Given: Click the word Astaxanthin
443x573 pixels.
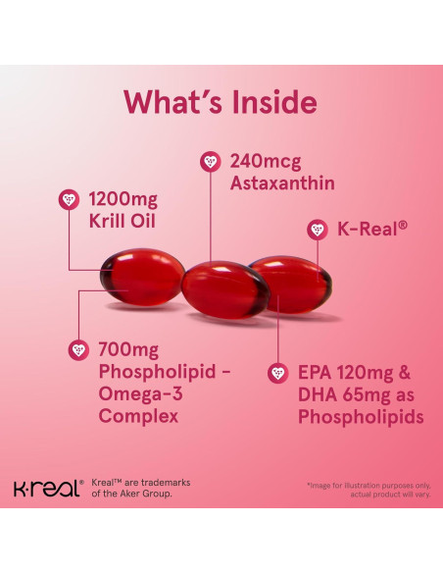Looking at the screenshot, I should click(281, 182).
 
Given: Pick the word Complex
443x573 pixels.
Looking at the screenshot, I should click(138, 417).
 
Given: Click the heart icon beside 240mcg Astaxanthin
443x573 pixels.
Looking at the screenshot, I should click(207, 160).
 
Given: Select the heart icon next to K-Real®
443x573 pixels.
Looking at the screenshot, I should click(316, 230).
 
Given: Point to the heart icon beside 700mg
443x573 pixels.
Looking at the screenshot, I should click(78, 350).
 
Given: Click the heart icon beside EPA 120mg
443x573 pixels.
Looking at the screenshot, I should click(279, 374).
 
